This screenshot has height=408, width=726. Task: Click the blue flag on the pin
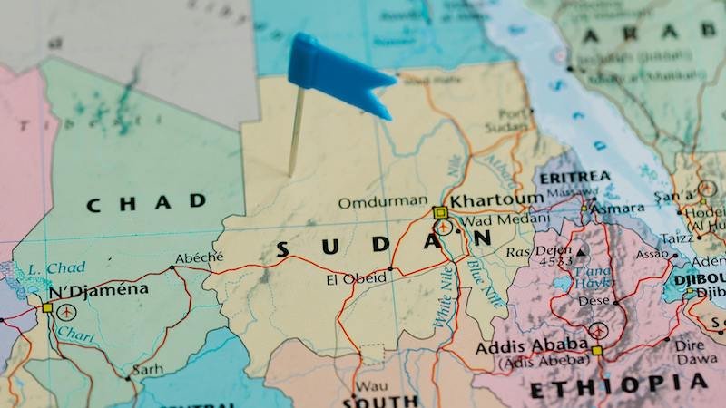(x=338, y=73)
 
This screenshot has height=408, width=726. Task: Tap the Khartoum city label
(x=496, y=199)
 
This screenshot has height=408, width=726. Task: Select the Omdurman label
(x=382, y=201)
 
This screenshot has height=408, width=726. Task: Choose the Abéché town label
(x=199, y=257)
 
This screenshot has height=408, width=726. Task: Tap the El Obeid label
(x=356, y=279)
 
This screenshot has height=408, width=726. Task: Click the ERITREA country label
(x=574, y=177)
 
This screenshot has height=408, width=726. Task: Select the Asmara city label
(x=617, y=208)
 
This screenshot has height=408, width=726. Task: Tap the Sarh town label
(x=147, y=370)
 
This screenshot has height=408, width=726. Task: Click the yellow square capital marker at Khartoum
(x=440, y=212)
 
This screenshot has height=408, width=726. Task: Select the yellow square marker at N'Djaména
(x=46, y=307)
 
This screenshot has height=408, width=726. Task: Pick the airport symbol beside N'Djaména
(x=67, y=311)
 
